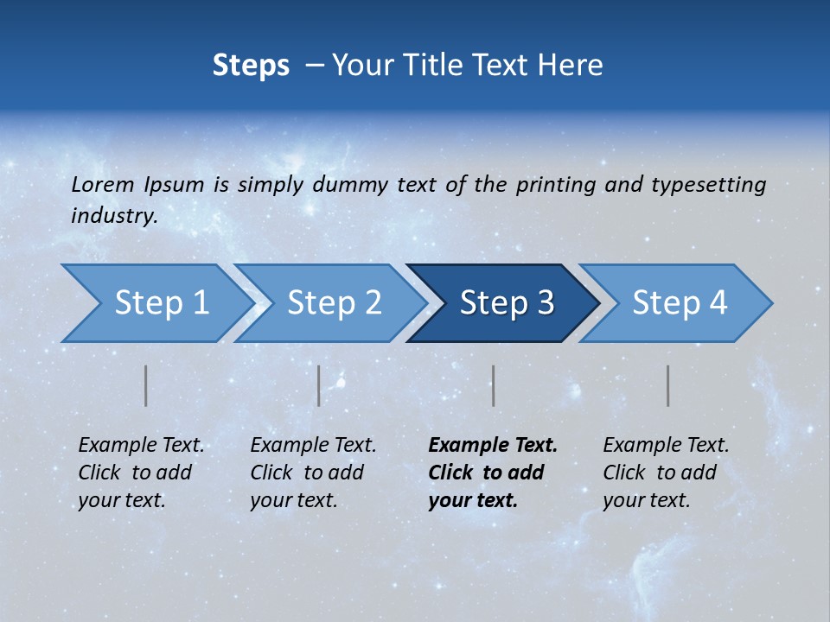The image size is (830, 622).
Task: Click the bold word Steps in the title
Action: [251, 66]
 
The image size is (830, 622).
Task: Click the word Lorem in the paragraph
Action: [102, 184]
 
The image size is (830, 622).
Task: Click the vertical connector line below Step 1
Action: [146, 385]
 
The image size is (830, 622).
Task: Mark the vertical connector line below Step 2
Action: [319, 385]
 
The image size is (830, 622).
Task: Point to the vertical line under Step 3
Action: [494, 385]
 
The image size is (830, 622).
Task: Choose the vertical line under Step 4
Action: [668, 385]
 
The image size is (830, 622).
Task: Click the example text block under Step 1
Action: [141, 473]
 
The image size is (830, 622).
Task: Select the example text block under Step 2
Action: [313, 473]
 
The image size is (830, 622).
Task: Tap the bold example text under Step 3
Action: [493, 473]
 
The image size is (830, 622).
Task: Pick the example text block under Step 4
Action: [666, 473]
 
